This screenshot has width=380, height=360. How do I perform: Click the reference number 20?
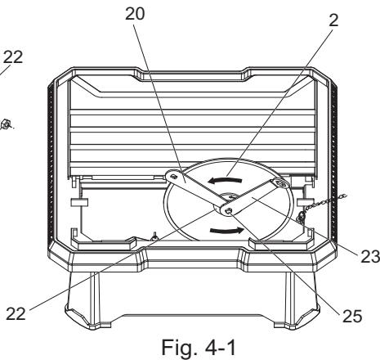[135, 14]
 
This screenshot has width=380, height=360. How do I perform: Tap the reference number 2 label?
[334, 20]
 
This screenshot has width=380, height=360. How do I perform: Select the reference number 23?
[370, 257]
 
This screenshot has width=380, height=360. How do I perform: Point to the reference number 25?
[352, 316]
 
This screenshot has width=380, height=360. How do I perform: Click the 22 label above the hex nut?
[12, 57]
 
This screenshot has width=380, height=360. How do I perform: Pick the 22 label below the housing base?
[16, 313]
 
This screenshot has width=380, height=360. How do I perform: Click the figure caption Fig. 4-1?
[199, 348]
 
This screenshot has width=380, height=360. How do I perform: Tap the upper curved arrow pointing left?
[225, 180]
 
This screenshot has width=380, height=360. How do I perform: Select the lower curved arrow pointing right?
[226, 231]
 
